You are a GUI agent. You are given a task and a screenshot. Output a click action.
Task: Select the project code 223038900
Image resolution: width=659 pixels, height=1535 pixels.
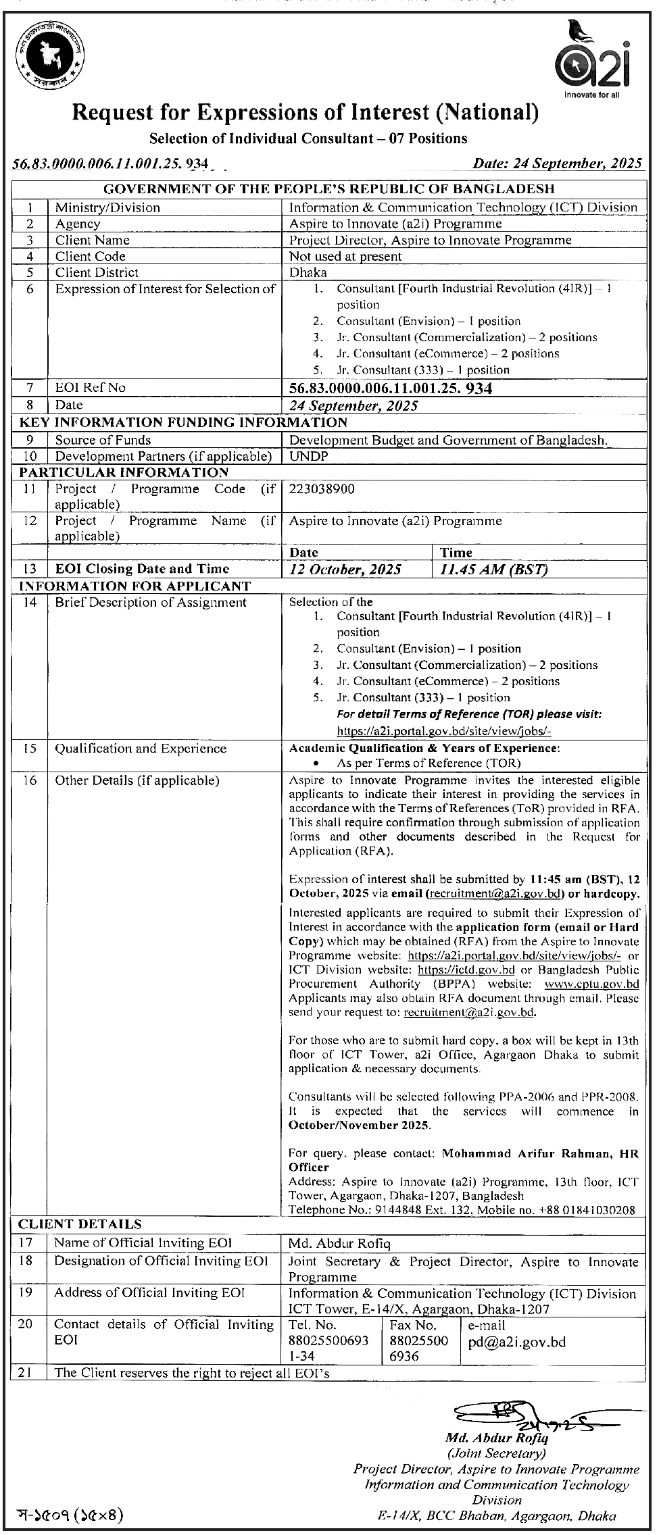point(322,488)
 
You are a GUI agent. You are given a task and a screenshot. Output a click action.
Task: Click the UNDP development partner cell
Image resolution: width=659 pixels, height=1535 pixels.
point(308,456)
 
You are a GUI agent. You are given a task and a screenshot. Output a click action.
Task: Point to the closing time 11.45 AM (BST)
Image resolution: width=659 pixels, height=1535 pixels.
point(493,569)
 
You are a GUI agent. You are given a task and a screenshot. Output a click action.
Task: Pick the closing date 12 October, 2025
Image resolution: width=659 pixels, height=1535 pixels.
point(345,569)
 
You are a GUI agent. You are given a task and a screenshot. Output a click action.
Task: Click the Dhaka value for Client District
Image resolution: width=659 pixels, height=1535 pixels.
point(308,272)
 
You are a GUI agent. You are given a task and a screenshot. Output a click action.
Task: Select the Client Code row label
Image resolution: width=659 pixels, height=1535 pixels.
point(90,256)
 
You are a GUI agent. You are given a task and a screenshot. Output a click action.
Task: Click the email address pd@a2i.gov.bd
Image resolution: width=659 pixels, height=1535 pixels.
point(516,1342)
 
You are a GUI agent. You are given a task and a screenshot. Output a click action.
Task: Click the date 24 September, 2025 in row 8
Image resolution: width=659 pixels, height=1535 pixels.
point(353,405)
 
